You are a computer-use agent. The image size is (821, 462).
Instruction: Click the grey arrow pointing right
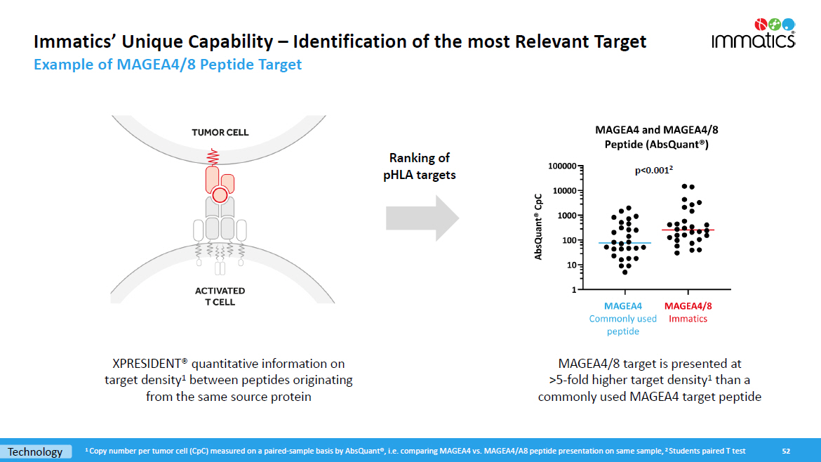click(x=422, y=218)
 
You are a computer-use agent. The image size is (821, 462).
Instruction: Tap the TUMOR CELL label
click(x=220, y=133)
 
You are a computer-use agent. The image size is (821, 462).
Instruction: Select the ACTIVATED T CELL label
click(x=220, y=296)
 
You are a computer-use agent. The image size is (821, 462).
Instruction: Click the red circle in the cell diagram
click(x=220, y=195)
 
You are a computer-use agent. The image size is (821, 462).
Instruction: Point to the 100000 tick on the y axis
click(x=561, y=166)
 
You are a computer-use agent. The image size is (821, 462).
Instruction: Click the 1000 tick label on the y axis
click(x=566, y=216)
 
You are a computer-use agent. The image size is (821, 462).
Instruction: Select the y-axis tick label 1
click(x=574, y=289)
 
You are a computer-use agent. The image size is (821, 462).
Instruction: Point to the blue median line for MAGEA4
click(x=625, y=243)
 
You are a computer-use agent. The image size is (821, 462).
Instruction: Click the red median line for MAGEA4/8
click(x=688, y=230)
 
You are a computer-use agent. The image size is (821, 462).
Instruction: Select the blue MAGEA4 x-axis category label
click(x=623, y=306)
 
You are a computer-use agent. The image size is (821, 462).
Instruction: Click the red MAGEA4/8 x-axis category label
click(x=688, y=306)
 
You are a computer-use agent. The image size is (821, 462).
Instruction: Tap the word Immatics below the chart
click(x=688, y=319)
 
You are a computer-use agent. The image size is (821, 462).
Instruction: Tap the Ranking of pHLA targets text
click(x=420, y=166)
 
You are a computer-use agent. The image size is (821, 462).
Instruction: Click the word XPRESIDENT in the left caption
click(x=147, y=364)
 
